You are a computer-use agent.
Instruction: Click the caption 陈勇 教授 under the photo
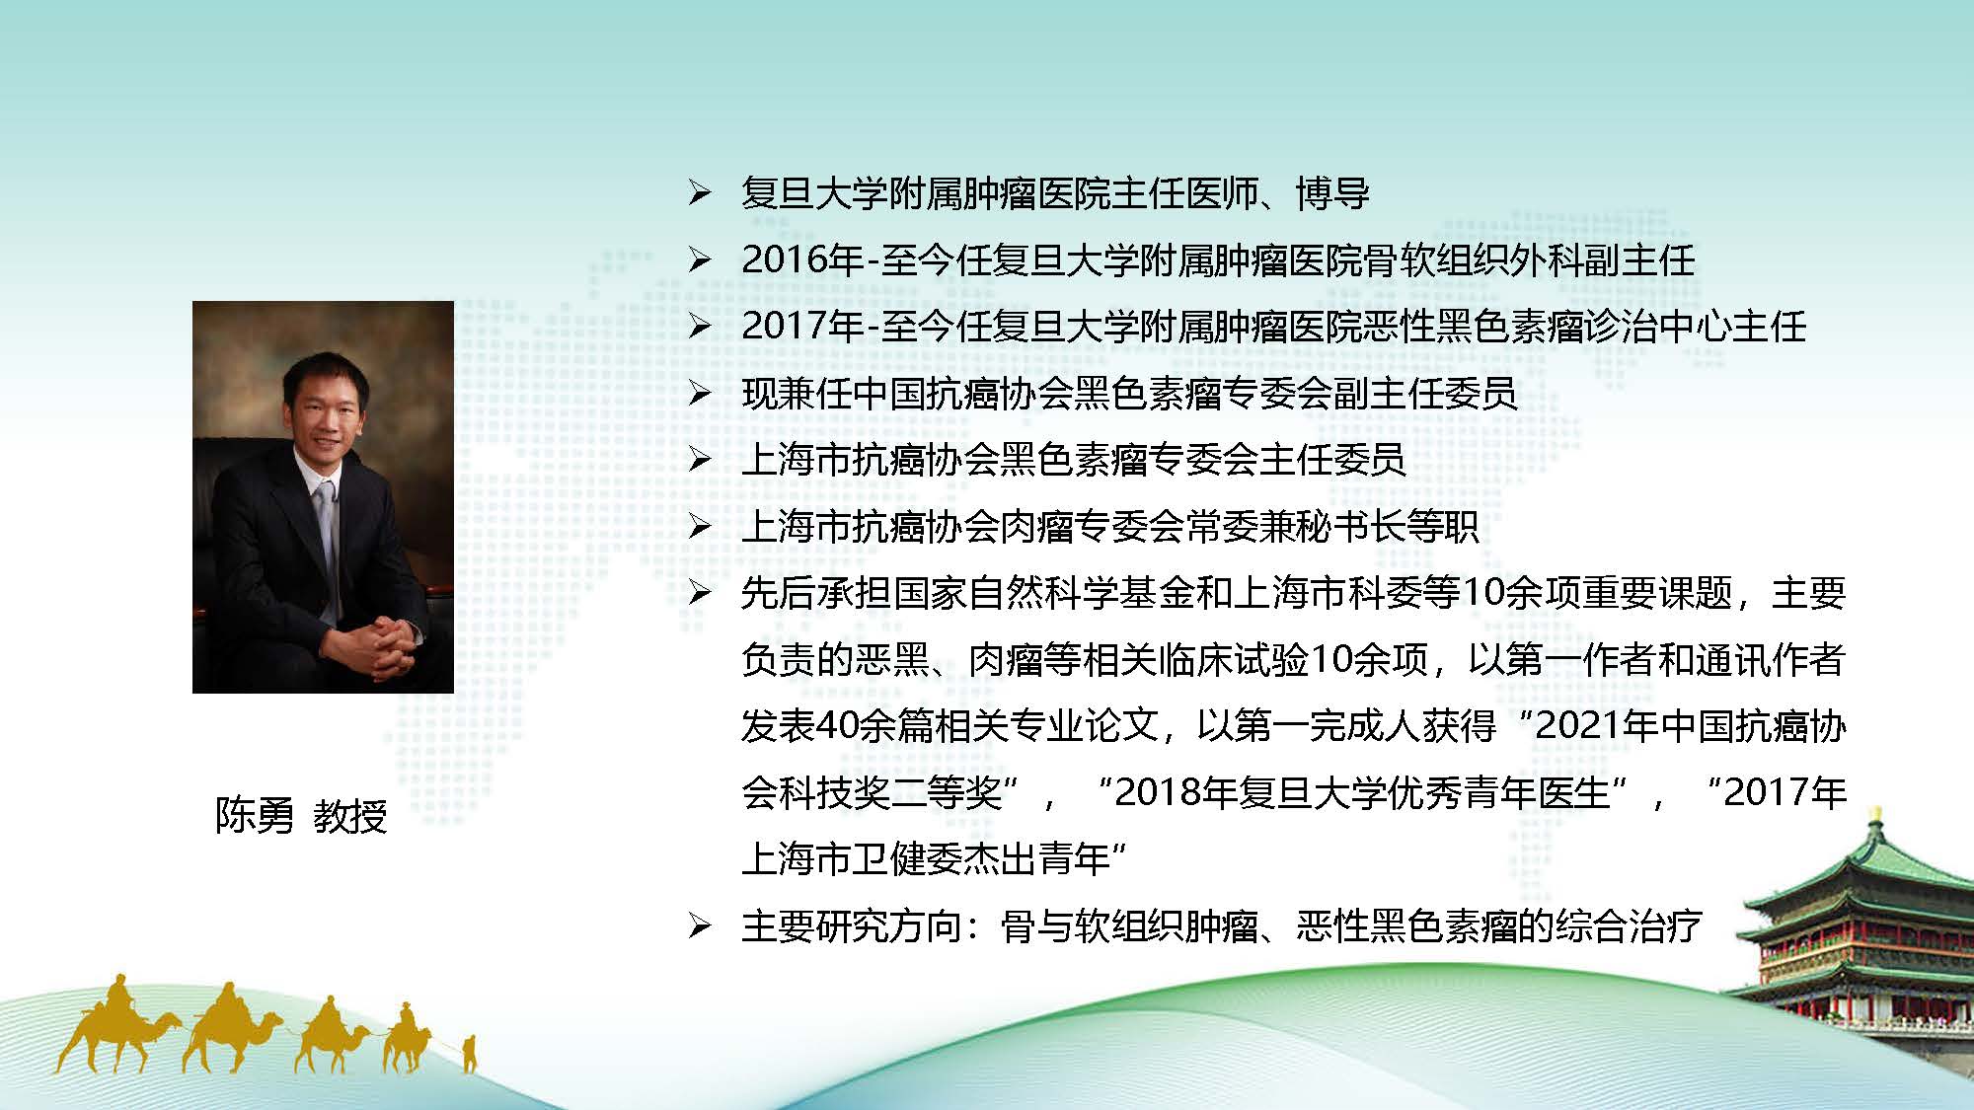point(301,816)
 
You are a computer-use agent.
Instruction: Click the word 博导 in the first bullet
point(1332,193)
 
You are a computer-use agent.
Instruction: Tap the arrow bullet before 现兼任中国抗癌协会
point(699,394)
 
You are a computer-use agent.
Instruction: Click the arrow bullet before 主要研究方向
point(699,926)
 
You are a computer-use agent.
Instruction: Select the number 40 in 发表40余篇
point(838,726)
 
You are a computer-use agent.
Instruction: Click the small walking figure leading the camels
point(469,1053)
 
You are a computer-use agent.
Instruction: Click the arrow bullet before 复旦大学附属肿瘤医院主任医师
point(699,193)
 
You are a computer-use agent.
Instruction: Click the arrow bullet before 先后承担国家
point(699,593)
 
